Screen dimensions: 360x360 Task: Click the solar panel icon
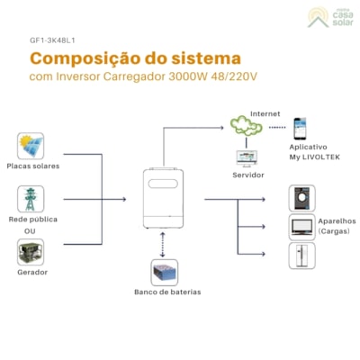(x=31, y=146)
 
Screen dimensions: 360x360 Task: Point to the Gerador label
(x=31, y=272)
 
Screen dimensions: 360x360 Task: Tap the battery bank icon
(x=164, y=272)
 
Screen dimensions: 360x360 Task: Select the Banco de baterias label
(x=166, y=292)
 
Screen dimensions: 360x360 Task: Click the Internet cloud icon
(x=244, y=126)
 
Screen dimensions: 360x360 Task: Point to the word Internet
(x=265, y=114)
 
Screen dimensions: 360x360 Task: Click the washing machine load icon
(x=301, y=198)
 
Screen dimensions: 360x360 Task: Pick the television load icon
(x=301, y=226)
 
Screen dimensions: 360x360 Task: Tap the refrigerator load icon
(x=301, y=255)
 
